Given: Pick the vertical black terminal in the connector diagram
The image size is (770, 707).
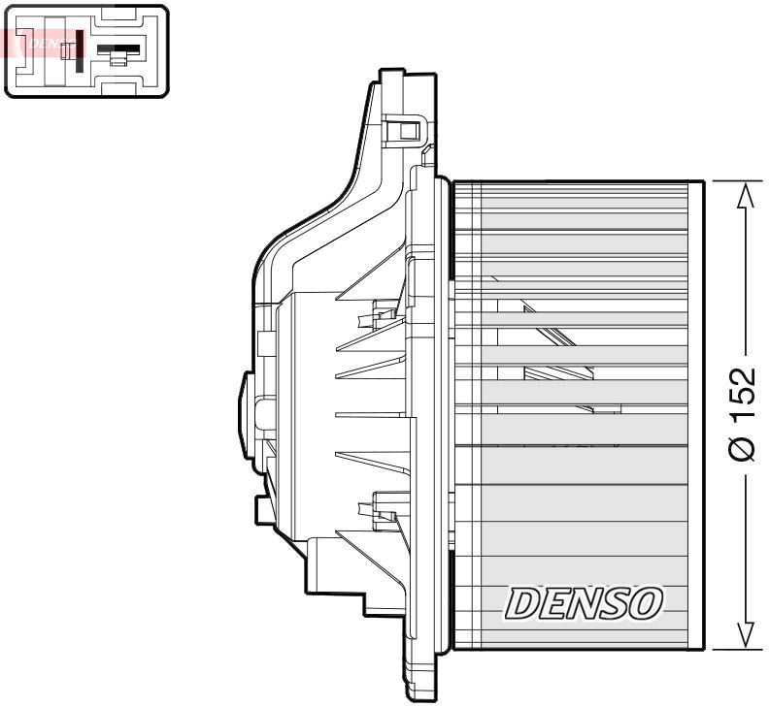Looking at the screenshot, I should pyautogui.click(x=79, y=50).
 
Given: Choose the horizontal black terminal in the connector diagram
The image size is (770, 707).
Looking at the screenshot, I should pyautogui.click(x=119, y=48).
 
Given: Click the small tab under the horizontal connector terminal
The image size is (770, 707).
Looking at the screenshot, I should pyautogui.click(x=117, y=61).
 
